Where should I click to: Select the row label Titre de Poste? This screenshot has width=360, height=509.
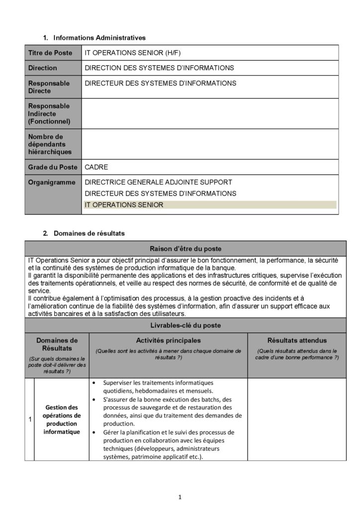tap(50, 53)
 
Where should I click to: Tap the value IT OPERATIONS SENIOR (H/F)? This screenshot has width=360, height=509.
tap(136, 53)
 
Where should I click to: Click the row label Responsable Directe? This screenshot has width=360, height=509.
tap(49, 87)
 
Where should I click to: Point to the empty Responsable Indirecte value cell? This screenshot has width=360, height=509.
tap(211, 113)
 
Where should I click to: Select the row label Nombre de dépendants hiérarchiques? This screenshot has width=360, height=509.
tap(50, 144)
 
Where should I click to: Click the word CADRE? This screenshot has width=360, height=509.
tap(96, 168)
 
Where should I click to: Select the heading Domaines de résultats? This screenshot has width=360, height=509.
tap(89, 233)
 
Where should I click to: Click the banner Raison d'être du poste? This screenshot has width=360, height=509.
tap(185, 249)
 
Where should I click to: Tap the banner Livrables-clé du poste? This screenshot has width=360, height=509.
tap(185, 325)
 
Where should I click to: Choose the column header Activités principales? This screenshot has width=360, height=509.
tap(168, 340)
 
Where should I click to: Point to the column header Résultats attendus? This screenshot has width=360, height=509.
tap(297, 340)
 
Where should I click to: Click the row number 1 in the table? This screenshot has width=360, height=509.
tap(30, 420)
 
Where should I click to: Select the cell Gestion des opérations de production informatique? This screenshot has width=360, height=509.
tap(62, 420)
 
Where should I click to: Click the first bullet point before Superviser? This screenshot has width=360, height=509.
tap(94, 383)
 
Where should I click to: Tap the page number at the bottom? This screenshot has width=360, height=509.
tap(180, 496)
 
